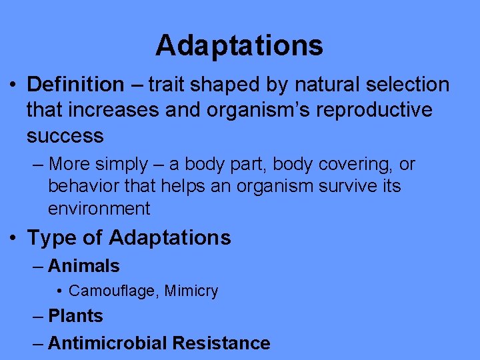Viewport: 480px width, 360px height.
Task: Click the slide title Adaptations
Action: click(x=239, y=45)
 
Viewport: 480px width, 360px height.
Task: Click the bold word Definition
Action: click(x=75, y=85)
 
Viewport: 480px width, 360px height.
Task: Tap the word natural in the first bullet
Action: click(x=322, y=85)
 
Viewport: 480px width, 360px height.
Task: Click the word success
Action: click(x=65, y=136)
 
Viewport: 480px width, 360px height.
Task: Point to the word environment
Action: click(x=99, y=209)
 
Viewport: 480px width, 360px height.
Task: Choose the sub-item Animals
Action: click(x=83, y=266)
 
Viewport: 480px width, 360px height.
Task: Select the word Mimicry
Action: click(x=191, y=291)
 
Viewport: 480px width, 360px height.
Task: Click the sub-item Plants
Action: click(x=75, y=316)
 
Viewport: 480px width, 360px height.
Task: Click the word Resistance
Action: click(x=221, y=343)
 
